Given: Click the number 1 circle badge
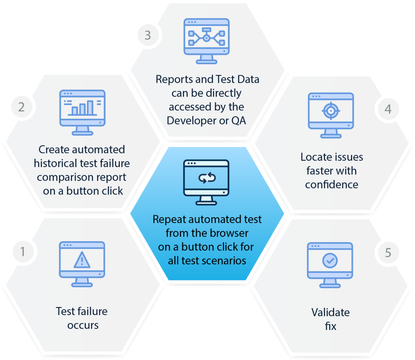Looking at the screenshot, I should coord(23,252).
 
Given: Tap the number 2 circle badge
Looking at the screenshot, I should coord(21,107).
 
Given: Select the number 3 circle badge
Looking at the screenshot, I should coord(148,35).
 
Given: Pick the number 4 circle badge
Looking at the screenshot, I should coord(388,109).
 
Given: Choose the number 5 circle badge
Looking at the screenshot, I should coord(388,253).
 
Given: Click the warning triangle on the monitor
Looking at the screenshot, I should coord(82,260).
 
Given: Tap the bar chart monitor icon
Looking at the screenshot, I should coord(82,111).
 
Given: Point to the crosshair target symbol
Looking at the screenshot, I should coord(331,111).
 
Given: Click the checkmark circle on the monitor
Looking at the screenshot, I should coord(330,261).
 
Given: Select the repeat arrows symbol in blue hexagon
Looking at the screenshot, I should coord(207,178).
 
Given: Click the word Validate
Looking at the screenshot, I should coord(330,312).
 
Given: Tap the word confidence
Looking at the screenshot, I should coord(331,184).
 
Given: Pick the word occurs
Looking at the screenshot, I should coord(83,325).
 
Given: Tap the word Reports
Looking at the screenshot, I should coord(174,79).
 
